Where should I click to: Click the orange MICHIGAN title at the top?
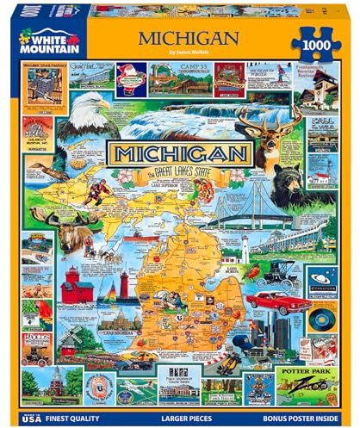182,38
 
